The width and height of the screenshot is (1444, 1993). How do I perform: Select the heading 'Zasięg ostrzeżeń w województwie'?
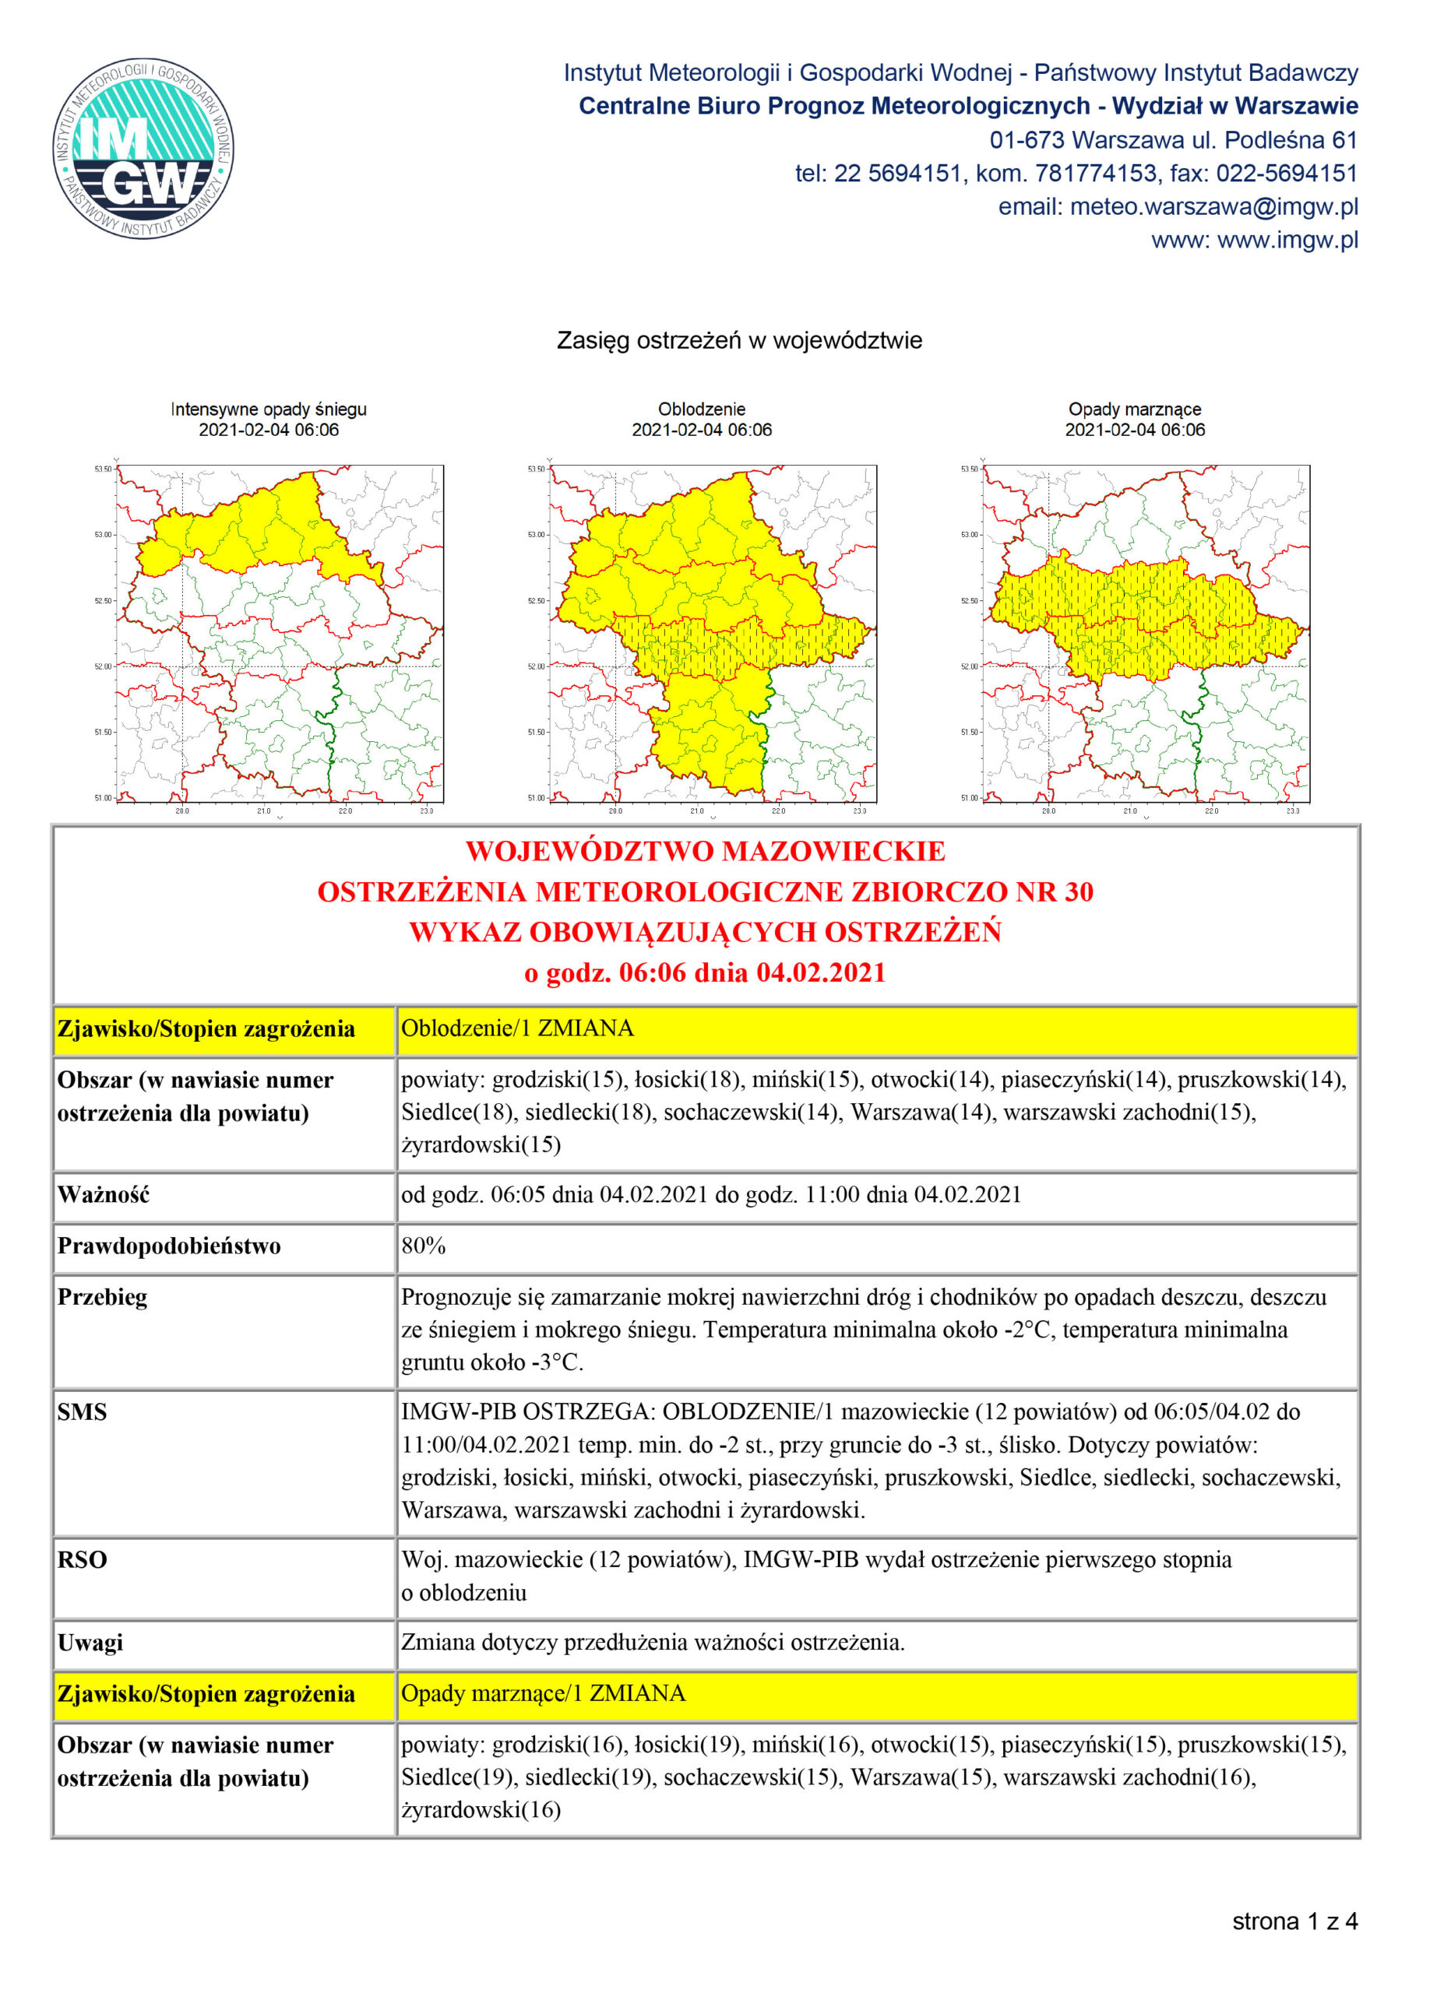738,340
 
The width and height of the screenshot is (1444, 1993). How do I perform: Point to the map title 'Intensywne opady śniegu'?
268,409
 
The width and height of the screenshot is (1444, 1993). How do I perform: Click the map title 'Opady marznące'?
1134,409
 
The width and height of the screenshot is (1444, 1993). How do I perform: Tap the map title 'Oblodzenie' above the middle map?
700,409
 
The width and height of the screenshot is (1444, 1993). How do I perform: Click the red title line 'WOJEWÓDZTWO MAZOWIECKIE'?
705,851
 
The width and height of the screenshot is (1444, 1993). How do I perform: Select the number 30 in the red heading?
1079,892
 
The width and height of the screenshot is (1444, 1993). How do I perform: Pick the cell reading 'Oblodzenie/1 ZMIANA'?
517,1028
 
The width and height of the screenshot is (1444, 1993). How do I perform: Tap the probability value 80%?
423,1246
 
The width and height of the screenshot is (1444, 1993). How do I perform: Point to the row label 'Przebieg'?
102,1298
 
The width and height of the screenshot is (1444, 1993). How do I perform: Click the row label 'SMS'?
82,1412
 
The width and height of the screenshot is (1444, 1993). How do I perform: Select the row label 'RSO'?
82,1560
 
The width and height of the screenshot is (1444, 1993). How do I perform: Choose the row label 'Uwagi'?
90,1643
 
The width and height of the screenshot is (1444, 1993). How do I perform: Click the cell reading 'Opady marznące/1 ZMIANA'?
542,1693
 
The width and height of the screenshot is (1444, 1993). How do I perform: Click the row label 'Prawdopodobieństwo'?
169,1246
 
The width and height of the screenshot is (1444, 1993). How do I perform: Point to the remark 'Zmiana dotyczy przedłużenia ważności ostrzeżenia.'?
652,1643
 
